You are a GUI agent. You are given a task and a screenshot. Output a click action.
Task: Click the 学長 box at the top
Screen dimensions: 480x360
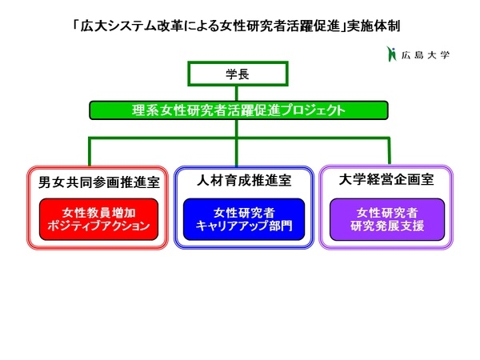coord(238,74)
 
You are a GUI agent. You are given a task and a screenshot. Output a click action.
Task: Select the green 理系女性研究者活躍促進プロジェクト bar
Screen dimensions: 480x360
coord(238,110)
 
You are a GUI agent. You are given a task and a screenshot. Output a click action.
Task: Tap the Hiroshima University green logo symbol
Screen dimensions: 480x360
coord(391,54)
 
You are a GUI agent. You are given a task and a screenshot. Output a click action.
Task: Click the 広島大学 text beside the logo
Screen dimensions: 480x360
coord(426,55)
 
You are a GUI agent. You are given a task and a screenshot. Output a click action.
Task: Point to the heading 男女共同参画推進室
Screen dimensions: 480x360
coord(99,182)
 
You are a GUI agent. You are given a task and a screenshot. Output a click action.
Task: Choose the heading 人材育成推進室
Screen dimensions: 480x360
coord(244,180)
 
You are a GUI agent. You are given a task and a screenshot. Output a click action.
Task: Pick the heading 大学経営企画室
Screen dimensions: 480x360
coord(386,180)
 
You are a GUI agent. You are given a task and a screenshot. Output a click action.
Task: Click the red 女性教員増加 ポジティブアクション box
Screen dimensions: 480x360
coord(98,219)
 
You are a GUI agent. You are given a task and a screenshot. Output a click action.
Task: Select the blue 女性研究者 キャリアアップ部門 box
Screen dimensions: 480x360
coord(244,219)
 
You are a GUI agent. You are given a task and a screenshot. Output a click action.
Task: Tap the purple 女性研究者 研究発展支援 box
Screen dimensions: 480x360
coord(387,219)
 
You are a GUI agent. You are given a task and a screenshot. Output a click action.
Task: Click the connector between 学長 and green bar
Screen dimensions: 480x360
coord(237,94)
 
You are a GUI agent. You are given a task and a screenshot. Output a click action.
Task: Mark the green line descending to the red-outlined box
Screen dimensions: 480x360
coord(90,152)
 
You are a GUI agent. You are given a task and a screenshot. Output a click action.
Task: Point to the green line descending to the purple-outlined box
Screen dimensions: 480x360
coord(389,151)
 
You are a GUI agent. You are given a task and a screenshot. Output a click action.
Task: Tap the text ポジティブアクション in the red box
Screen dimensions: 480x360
coord(98,226)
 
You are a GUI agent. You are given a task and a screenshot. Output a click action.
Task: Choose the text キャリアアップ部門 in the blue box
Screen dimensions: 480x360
coord(244,226)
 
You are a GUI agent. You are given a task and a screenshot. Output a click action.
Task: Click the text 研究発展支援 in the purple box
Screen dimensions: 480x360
coord(387,226)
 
